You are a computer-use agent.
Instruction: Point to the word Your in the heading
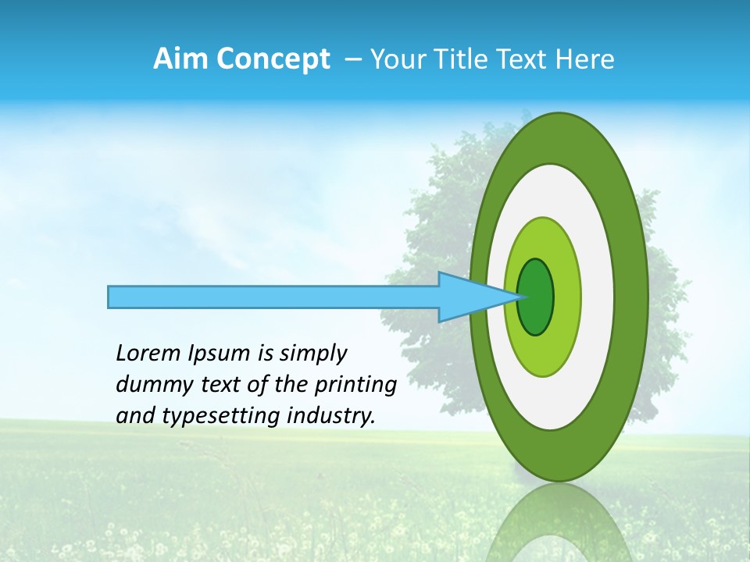pyautogui.click(x=398, y=59)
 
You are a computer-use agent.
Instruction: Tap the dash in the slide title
pyautogui.click(x=352, y=60)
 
